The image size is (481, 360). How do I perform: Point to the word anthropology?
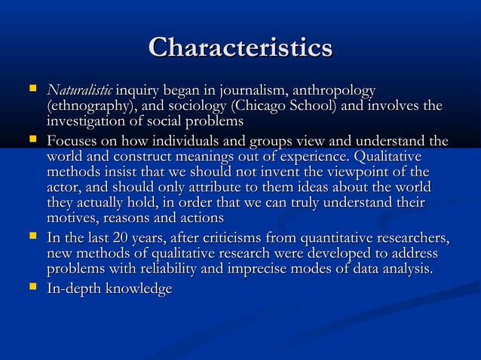(332, 91)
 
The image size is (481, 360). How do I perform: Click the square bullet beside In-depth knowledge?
(31, 288)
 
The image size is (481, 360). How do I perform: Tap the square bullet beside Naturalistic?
(31, 90)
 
